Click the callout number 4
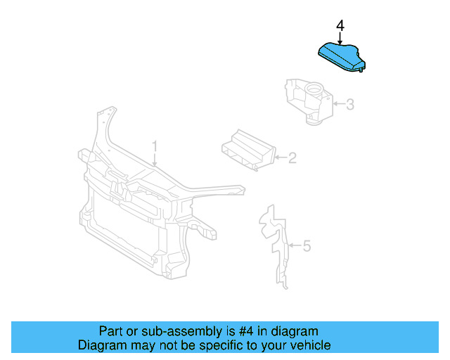(x=340, y=26)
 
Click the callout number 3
(x=349, y=105)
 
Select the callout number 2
(x=292, y=158)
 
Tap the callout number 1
(x=155, y=146)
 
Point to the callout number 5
(x=306, y=246)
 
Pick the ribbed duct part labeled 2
(x=247, y=151)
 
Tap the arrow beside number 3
(x=337, y=105)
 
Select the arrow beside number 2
(x=280, y=158)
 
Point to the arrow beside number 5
(x=295, y=246)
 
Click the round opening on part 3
(x=314, y=89)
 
